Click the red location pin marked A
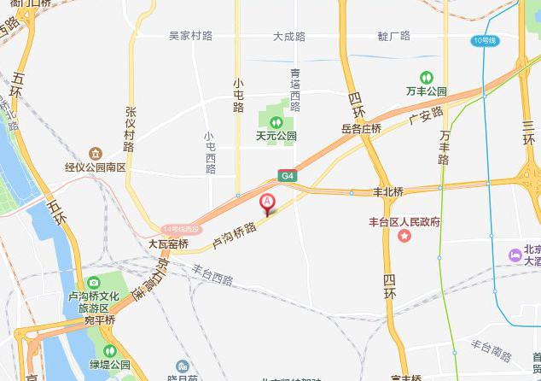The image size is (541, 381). click(266, 203)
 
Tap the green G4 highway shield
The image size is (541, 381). click(288, 176)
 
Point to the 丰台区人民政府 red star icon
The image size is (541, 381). click(404, 235)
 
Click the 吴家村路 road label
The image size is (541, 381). click(190, 36)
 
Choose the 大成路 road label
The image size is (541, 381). click(289, 37)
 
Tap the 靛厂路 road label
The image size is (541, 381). click(393, 36)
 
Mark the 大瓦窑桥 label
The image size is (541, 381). click(168, 243)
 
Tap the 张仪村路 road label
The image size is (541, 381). click(131, 128)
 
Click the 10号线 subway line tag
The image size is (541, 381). click(484, 40)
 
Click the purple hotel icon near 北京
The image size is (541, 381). click(515, 255)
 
